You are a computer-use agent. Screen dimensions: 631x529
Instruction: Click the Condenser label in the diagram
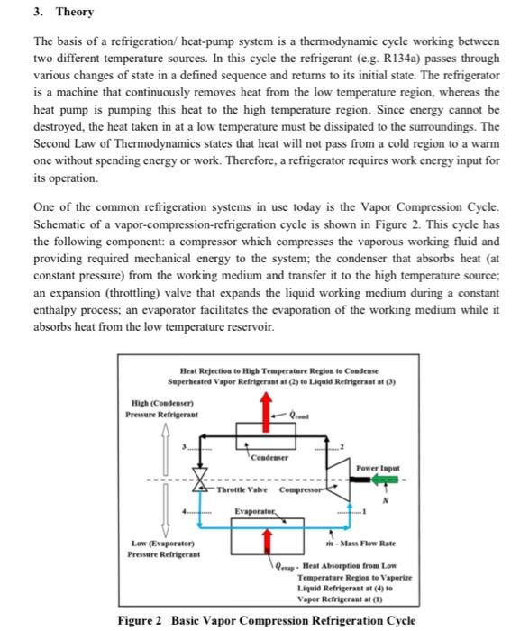(269, 455)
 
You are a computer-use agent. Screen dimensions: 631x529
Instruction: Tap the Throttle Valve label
(239, 490)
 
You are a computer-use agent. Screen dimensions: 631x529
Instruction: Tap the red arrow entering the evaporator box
(265, 539)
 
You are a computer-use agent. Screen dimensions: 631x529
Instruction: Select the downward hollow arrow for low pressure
(165, 512)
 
